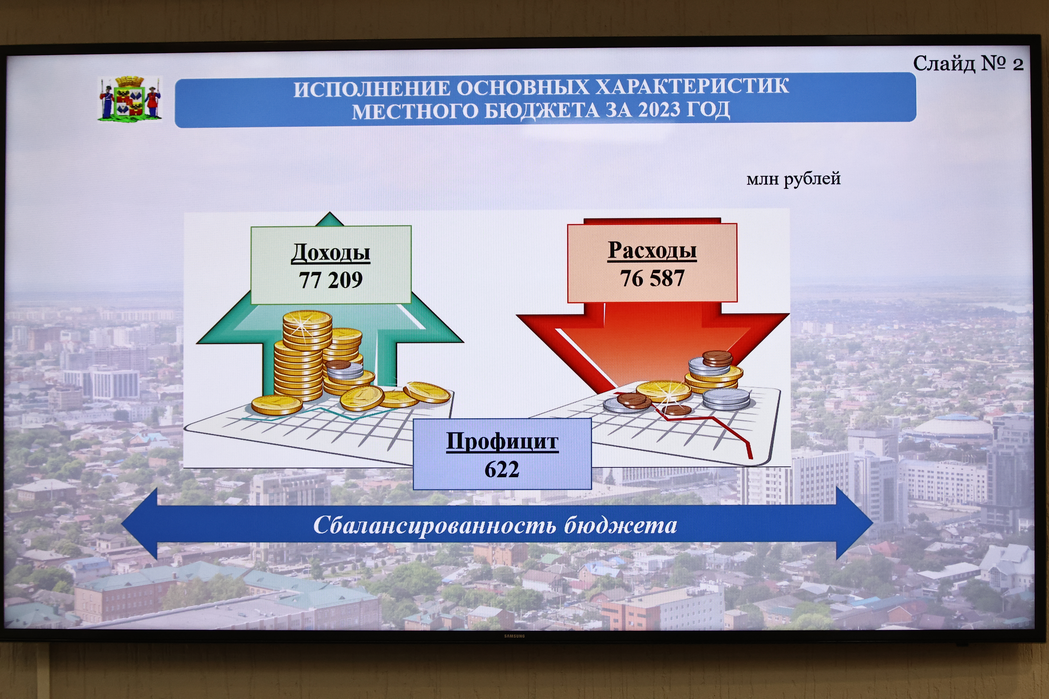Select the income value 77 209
[331, 280]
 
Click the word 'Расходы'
[652, 250]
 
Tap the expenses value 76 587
[652, 278]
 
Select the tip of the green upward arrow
[330, 212]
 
